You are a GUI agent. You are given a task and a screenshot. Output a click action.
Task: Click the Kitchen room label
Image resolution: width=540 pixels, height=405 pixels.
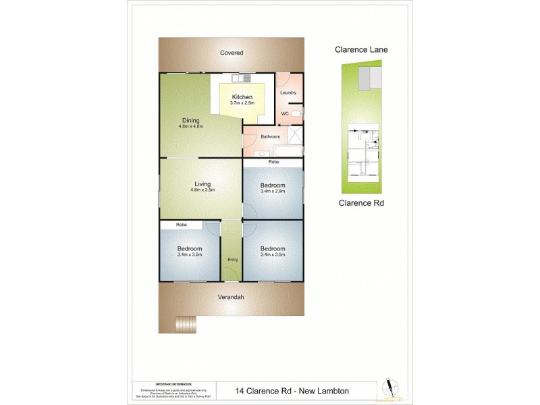click(x=241, y=97)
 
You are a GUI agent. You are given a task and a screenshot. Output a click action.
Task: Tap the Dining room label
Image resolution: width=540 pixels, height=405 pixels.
click(x=190, y=120)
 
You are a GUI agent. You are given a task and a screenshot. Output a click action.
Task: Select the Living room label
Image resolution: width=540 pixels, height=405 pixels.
click(x=202, y=184)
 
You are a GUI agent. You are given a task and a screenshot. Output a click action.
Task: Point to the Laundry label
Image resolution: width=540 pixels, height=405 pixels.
click(x=288, y=92)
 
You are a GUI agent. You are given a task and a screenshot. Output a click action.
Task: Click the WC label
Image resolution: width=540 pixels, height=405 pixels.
click(x=285, y=113)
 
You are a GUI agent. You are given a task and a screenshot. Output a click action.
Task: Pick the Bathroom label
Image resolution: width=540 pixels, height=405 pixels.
click(x=271, y=136)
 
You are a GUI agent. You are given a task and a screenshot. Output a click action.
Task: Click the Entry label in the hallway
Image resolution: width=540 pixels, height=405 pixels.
click(x=232, y=259)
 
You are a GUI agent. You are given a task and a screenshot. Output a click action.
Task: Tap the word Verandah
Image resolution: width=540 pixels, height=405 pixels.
click(x=231, y=297)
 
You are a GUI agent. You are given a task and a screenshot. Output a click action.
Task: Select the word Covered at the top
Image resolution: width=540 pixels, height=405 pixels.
click(x=231, y=53)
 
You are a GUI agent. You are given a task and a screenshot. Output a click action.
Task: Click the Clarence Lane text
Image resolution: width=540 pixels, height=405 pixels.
click(x=362, y=49)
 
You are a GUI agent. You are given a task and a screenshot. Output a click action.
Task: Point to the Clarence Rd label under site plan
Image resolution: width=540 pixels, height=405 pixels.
click(x=362, y=202)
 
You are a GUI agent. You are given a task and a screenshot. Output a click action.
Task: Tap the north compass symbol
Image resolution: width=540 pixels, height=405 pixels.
click(x=389, y=387)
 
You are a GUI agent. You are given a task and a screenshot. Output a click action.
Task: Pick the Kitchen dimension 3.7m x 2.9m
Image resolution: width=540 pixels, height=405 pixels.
click(x=241, y=103)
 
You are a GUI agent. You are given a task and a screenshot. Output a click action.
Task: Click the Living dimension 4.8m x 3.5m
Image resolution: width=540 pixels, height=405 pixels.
click(x=202, y=190)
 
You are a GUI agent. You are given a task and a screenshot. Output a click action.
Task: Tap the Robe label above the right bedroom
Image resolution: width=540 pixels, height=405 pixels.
click(x=273, y=163)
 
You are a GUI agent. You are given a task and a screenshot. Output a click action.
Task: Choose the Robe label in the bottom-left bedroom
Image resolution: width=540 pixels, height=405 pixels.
click(x=181, y=225)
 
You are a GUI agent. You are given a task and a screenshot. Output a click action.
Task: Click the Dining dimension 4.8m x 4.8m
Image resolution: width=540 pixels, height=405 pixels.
click(x=190, y=126)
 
